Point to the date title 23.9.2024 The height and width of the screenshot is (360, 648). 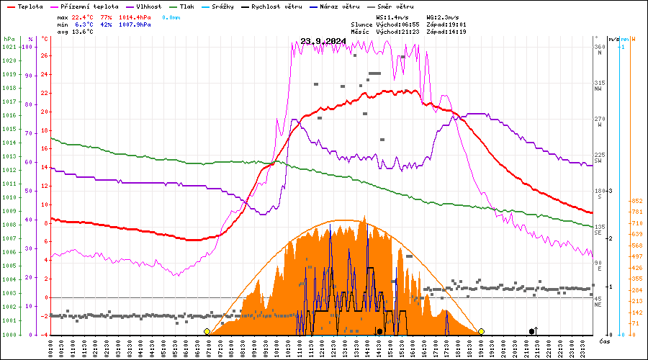pyautogui.click(x=324, y=41)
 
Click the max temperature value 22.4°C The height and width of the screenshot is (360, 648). pyautogui.click(x=83, y=17)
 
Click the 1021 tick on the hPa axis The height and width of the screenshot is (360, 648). pyautogui.click(x=9, y=47)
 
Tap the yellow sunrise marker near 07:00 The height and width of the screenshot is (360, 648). pyautogui.click(x=207, y=332)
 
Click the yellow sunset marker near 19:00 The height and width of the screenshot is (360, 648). pyautogui.click(x=481, y=332)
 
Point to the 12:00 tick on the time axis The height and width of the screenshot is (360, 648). pyautogui.click(x=322, y=348)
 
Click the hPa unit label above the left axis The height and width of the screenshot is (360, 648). pyautogui.click(x=9, y=39)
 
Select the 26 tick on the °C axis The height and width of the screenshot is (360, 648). pyautogui.click(x=45, y=55)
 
